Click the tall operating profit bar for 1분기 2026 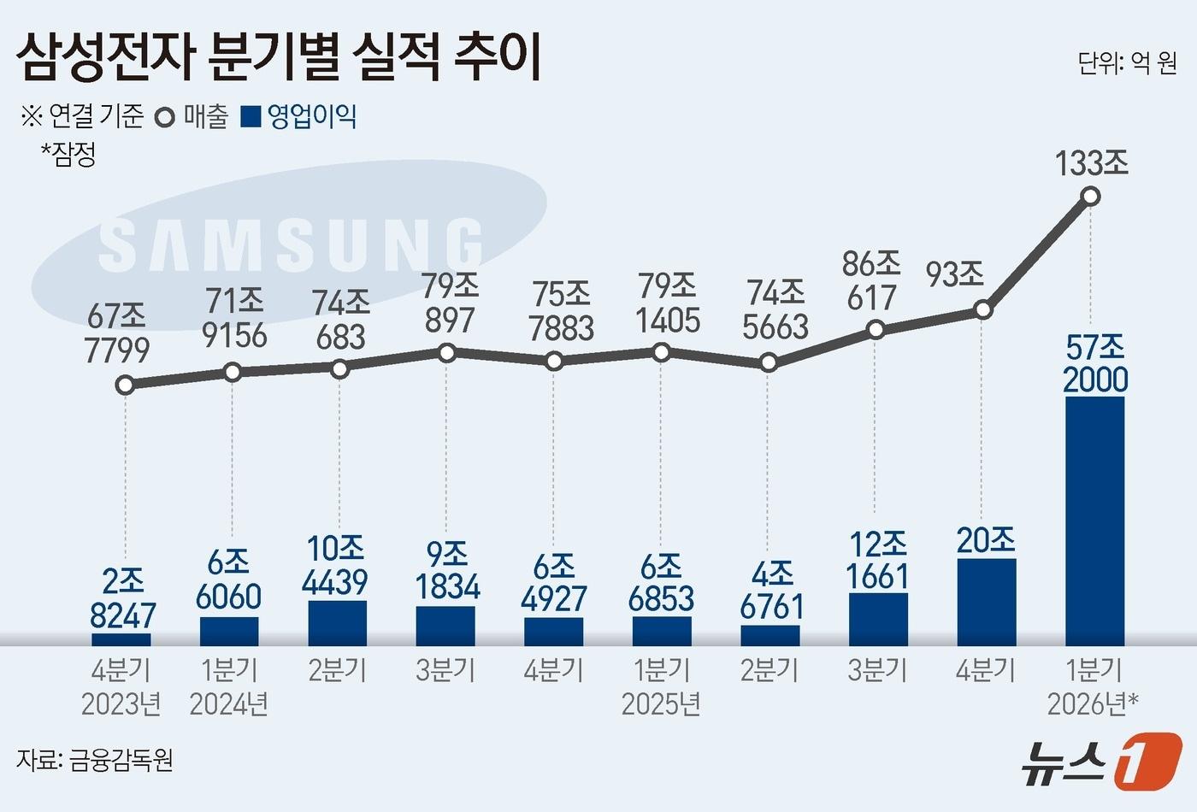pos(1094,521)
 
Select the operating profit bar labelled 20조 pos(987,602)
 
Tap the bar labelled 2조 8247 pos(121,639)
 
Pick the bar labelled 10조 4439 pos(338,623)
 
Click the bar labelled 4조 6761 pos(770,635)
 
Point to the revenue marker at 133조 pos(1090,197)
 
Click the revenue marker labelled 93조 pos(983,309)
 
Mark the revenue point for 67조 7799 pos(125,385)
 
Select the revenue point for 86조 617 pos(875,330)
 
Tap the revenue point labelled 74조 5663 pos(769,362)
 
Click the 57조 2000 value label pos(1095,363)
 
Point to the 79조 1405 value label pos(668,303)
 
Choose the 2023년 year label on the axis pos(121,703)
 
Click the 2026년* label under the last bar pos(1093,703)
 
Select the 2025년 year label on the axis pos(661,703)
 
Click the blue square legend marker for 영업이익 pos(251,116)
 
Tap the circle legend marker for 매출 pos(165,117)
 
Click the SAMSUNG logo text pos(291,245)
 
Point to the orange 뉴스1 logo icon pos(1147,760)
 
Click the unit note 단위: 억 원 pos(1127,63)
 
